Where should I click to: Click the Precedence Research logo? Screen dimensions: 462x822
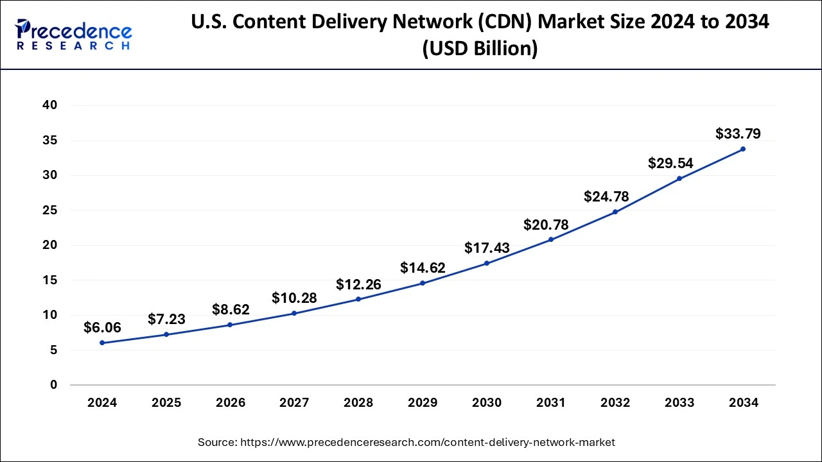[74, 35]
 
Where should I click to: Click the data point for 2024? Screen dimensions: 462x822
[102, 343]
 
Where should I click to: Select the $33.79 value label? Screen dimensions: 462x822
[738, 134]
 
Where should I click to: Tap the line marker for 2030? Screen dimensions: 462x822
[487, 263]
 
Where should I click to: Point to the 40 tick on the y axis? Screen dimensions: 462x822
[50, 105]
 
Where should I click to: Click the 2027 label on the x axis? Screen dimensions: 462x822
[294, 403]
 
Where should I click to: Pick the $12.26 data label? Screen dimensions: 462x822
[358, 284]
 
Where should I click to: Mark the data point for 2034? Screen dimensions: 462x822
[743, 149]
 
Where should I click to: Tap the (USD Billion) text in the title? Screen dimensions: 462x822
[480, 49]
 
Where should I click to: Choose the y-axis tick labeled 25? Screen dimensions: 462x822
[50, 210]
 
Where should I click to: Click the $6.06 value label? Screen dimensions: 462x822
[102, 328]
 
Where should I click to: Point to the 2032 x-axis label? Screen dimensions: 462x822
[615, 403]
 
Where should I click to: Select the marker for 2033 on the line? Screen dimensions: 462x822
[679, 178]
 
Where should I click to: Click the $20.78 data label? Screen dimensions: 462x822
[546, 225]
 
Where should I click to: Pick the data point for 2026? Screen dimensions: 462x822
[230, 325]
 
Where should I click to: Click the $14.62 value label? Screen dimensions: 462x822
[423, 268]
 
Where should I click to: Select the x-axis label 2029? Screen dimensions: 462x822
[423, 403]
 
